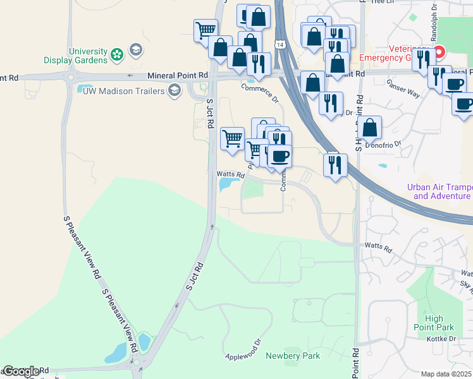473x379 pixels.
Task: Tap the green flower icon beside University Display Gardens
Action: click(x=117, y=55)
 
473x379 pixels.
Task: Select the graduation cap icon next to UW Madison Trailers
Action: click(x=173, y=90)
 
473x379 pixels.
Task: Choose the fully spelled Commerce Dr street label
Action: click(x=259, y=92)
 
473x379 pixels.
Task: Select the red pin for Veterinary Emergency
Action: click(x=438, y=52)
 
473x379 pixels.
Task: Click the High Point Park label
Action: click(x=439, y=323)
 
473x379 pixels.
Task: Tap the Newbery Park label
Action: click(x=293, y=356)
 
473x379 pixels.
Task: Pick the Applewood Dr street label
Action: click(x=243, y=351)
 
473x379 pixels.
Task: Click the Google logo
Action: click(x=20, y=371)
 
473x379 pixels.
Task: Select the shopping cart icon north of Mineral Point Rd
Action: click(x=206, y=29)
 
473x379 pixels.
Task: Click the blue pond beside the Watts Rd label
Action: click(x=226, y=184)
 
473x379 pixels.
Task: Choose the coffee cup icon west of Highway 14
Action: click(x=279, y=156)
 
